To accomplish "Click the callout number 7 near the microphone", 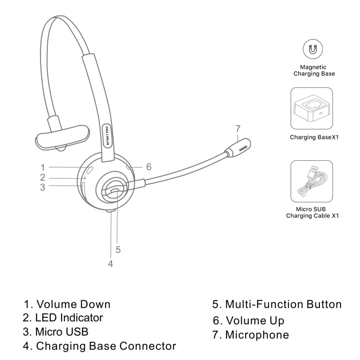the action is pyautogui.click(x=238, y=129).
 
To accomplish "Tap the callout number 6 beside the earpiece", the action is pyautogui.click(x=149, y=167).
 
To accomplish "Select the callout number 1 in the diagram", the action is pyautogui.click(x=43, y=167).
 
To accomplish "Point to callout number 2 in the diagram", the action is pyautogui.click(x=43, y=177).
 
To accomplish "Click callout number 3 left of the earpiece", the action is pyautogui.click(x=43, y=187).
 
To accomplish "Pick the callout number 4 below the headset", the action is pyautogui.click(x=110, y=264).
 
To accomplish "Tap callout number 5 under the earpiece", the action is pyautogui.click(x=118, y=250).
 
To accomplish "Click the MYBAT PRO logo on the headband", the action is pyautogui.click(x=107, y=135).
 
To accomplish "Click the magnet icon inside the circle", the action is pyautogui.click(x=313, y=49).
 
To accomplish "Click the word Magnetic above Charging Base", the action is pyautogui.click(x=313, y=67).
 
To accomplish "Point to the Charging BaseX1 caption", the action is pyautogui.click(x=314, y=137).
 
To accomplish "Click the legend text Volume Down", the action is pyautogui.click(x=73, y=304).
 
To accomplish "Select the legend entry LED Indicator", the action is pyautogui.click(x=69, y=318).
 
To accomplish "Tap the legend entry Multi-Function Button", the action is pyautogui.click(x=283, y=304).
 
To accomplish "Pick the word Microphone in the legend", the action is pyautogui.click(x=257, y=335).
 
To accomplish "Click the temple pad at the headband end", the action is pyautogui.click(x=62, y=138).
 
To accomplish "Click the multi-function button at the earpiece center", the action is pyautogui.click(x=115, y=190).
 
